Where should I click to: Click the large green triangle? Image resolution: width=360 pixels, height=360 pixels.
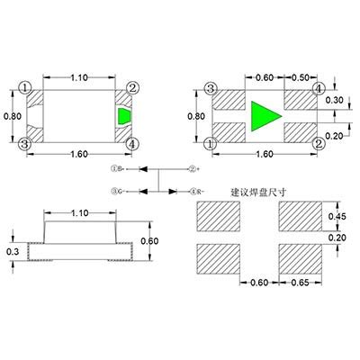pyautogui.click(x=265, y=116)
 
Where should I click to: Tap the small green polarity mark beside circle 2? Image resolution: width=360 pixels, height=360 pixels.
pyautogui.click(x=123, y=116)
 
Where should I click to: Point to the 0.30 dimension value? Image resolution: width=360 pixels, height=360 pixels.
pyautogui.click(x=334, y=101)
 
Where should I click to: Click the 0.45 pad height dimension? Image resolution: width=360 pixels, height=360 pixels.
pyautogui.click(x=336, y=216)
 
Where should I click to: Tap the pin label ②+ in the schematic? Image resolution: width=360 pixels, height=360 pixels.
pyautogui.click(x=193, y=168)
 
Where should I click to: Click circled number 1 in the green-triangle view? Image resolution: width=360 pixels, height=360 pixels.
pyautogui.click(x=211, y=143)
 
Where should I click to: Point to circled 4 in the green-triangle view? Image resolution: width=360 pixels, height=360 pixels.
pyautogui.click(x=318, y=89)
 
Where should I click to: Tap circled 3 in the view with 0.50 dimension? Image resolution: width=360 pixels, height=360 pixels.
pyautogui.click(x=211, y=89)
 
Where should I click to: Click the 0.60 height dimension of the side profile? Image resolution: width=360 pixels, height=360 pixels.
pyautogui.click(x=150, y=240)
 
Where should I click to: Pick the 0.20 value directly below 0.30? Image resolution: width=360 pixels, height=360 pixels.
pyautogui.click(x=334, y=136)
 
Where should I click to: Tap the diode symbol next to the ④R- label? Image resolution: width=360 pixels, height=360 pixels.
pyautogui.click(x=172, y=190)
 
